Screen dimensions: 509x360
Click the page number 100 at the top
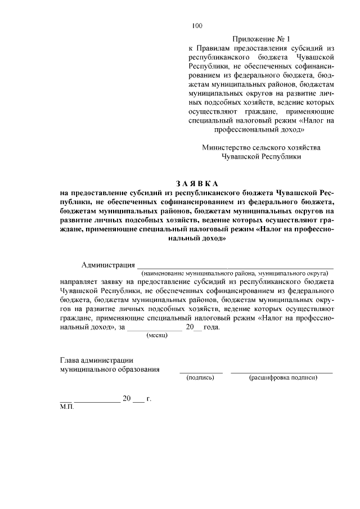coord(197,25)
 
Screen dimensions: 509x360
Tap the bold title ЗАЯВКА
coord(197,184)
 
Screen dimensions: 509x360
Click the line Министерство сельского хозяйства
coord(261,147)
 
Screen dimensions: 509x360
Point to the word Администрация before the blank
coord(108,265)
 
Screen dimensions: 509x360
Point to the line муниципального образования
coord(109,370)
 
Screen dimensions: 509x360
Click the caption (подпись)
coord(200,377)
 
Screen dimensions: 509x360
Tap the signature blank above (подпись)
coord(201,372)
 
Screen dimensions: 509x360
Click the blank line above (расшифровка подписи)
coord(282,372)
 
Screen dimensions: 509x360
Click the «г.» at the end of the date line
coord(148,399)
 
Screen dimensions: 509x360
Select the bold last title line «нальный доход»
coord(197,238)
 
